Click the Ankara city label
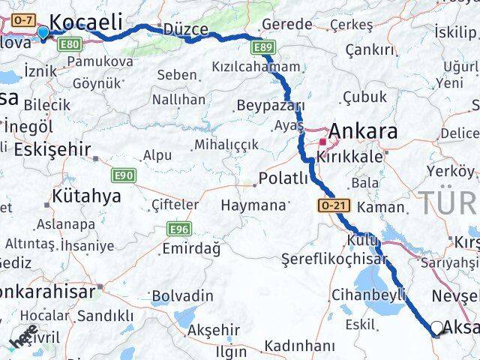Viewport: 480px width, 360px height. [x=363, y=132]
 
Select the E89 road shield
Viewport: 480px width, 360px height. [x=262, y=48]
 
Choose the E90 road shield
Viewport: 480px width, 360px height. [x=124, y=175]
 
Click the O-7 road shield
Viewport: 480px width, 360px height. [x=23, y=20]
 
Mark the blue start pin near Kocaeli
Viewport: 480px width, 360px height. [x=43, y=32]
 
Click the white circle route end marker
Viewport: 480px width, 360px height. [x=437, y=327]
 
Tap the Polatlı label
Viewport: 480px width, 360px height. [x=283, y=178]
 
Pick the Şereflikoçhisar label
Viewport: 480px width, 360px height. [x=334, y=259]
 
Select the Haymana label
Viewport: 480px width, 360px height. [x=253, y=205]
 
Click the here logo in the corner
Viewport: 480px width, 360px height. [x=24, y=340]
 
